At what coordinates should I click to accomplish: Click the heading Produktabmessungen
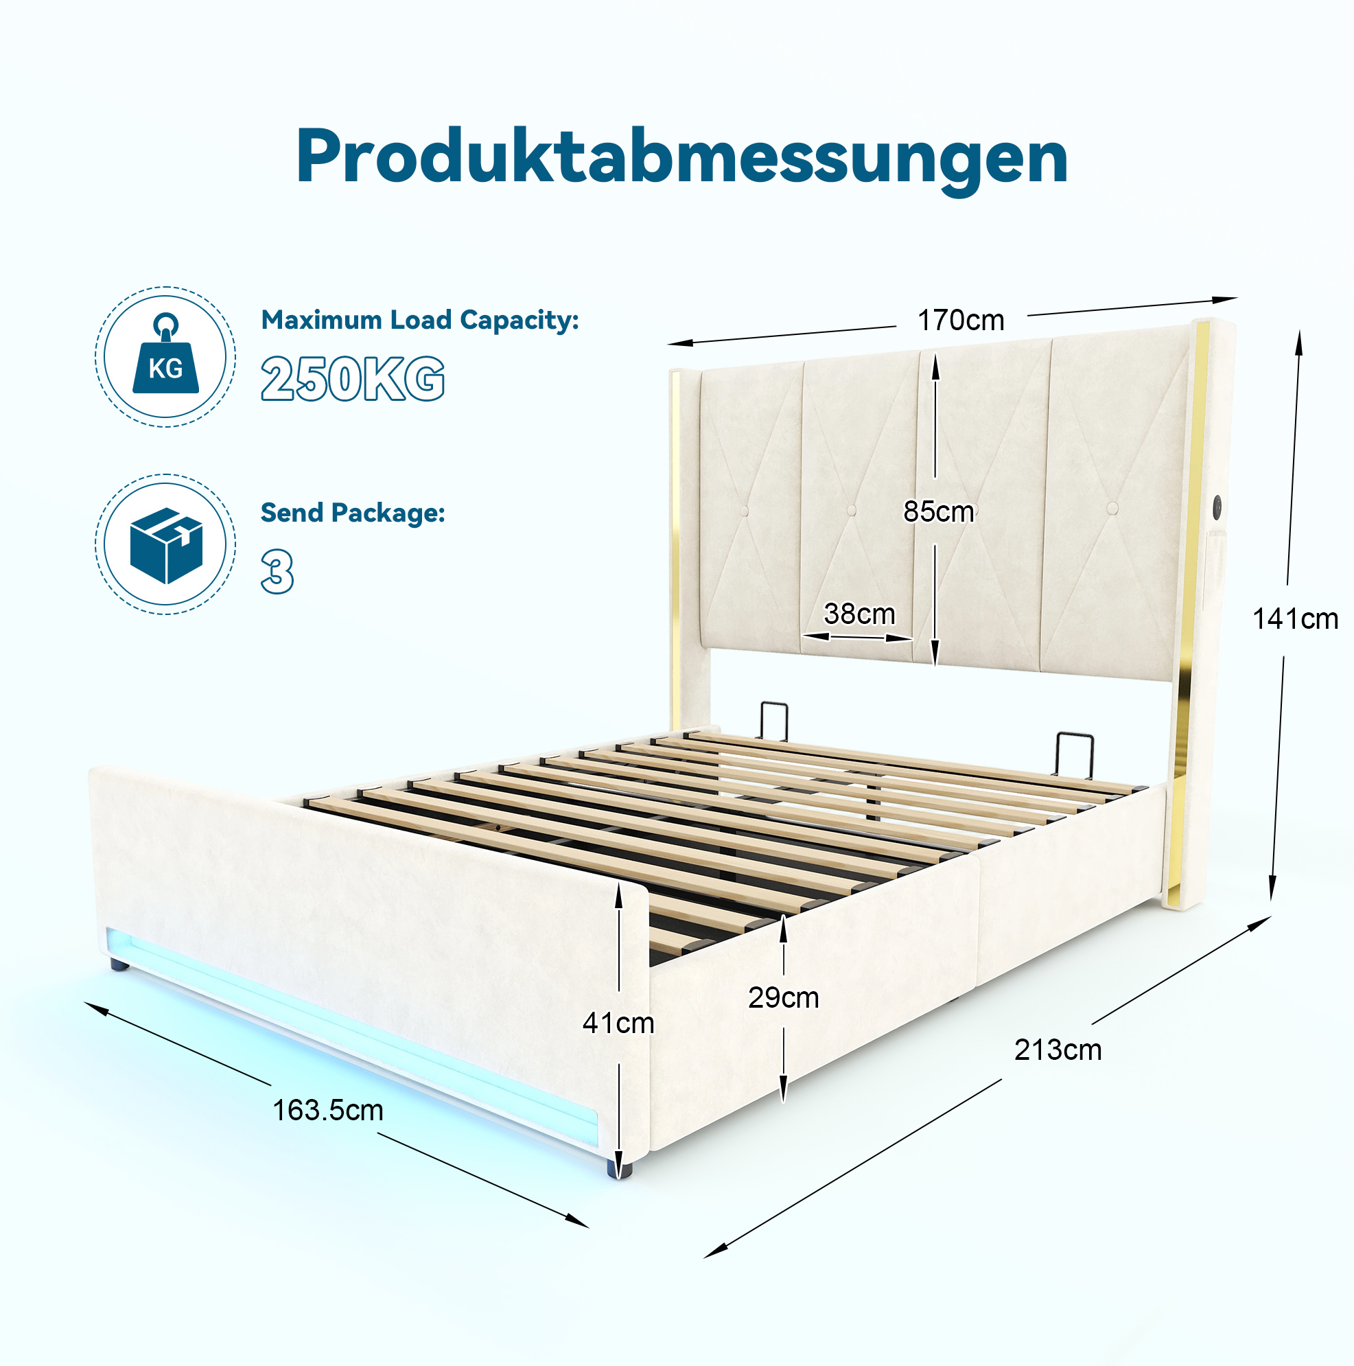click(681, 159)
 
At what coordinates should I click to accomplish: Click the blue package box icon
click(166, 545)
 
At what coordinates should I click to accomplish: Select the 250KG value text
click(353, 379)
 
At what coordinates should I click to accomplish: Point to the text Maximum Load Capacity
click(420, 321)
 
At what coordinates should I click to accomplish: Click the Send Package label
click(353, 513)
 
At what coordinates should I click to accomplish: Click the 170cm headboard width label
click(961, 321)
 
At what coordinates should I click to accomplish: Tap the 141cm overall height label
click(1295, 618)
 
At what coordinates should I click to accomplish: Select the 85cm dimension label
click(938, 511)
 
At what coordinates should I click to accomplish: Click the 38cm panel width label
click(859, 613)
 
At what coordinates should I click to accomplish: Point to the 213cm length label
click(1058, 1050)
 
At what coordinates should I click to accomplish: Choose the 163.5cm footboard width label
click(328, 1110)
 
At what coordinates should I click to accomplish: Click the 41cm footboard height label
click(618, 1022)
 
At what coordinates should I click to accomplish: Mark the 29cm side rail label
click(784, 997)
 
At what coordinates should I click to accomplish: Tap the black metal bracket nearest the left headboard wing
click(774, 720)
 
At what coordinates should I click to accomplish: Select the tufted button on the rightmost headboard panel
click(1112, 509)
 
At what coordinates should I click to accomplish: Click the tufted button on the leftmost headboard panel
click(744, 511)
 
